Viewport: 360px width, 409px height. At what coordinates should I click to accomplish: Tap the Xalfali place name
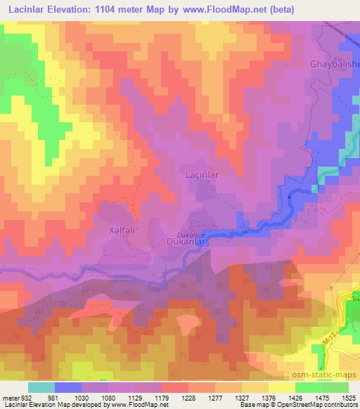coord(118,229)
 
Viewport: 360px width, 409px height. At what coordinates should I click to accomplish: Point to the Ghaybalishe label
coord(335,64)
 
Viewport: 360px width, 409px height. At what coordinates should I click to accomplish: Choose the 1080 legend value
coord(98,397)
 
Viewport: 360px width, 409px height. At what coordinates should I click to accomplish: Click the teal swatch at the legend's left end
coord(41,387)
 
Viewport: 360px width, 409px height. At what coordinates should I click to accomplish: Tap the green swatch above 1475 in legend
coord(307,387)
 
